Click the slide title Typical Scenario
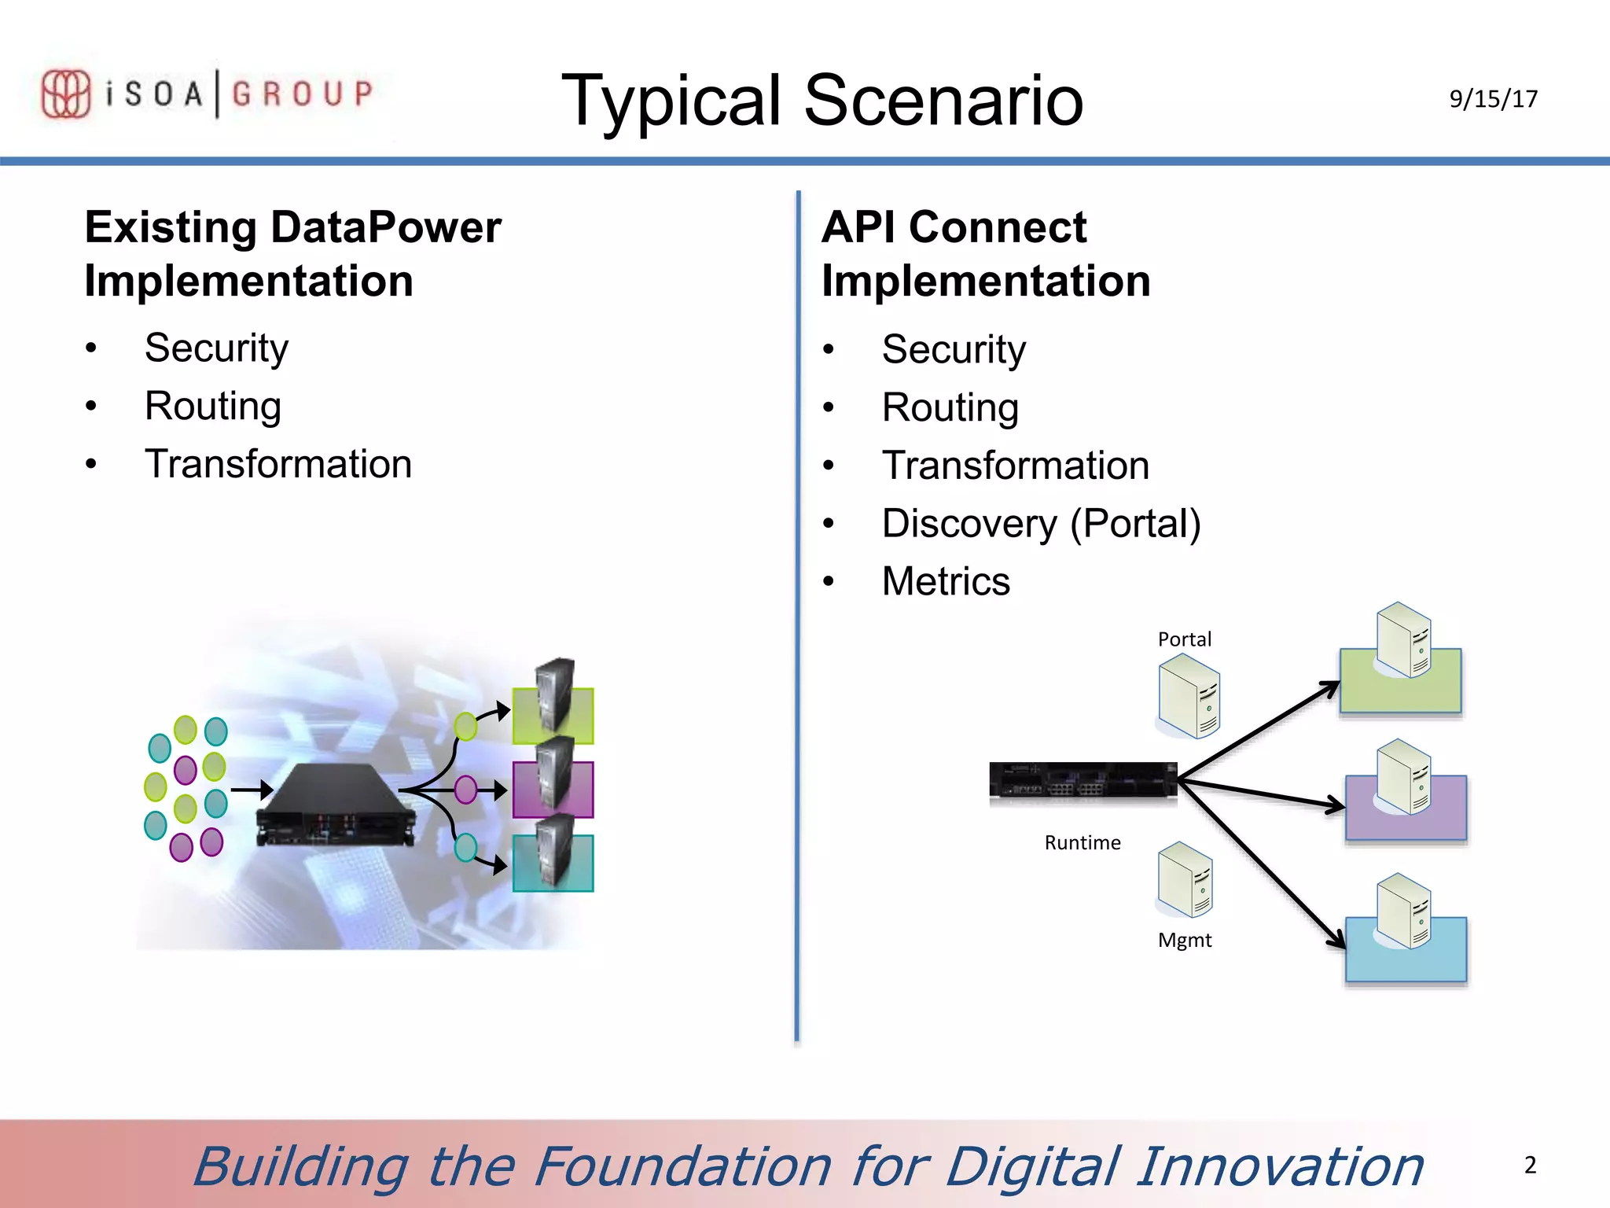[822, 100]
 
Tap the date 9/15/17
[1493, 99]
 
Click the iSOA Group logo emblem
[65, 94]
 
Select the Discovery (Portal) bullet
[1041, 524]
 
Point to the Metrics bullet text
[946, 582]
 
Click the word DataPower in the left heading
[385, 228]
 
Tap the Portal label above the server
[1184, 639]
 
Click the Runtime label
[1083, 843]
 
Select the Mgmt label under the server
[1184, 941]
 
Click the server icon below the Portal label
[1189, 698]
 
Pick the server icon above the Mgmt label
[1185, 880]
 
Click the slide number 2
[1530, 1165]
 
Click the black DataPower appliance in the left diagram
[334, 806]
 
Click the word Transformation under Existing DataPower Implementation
[278, 464]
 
